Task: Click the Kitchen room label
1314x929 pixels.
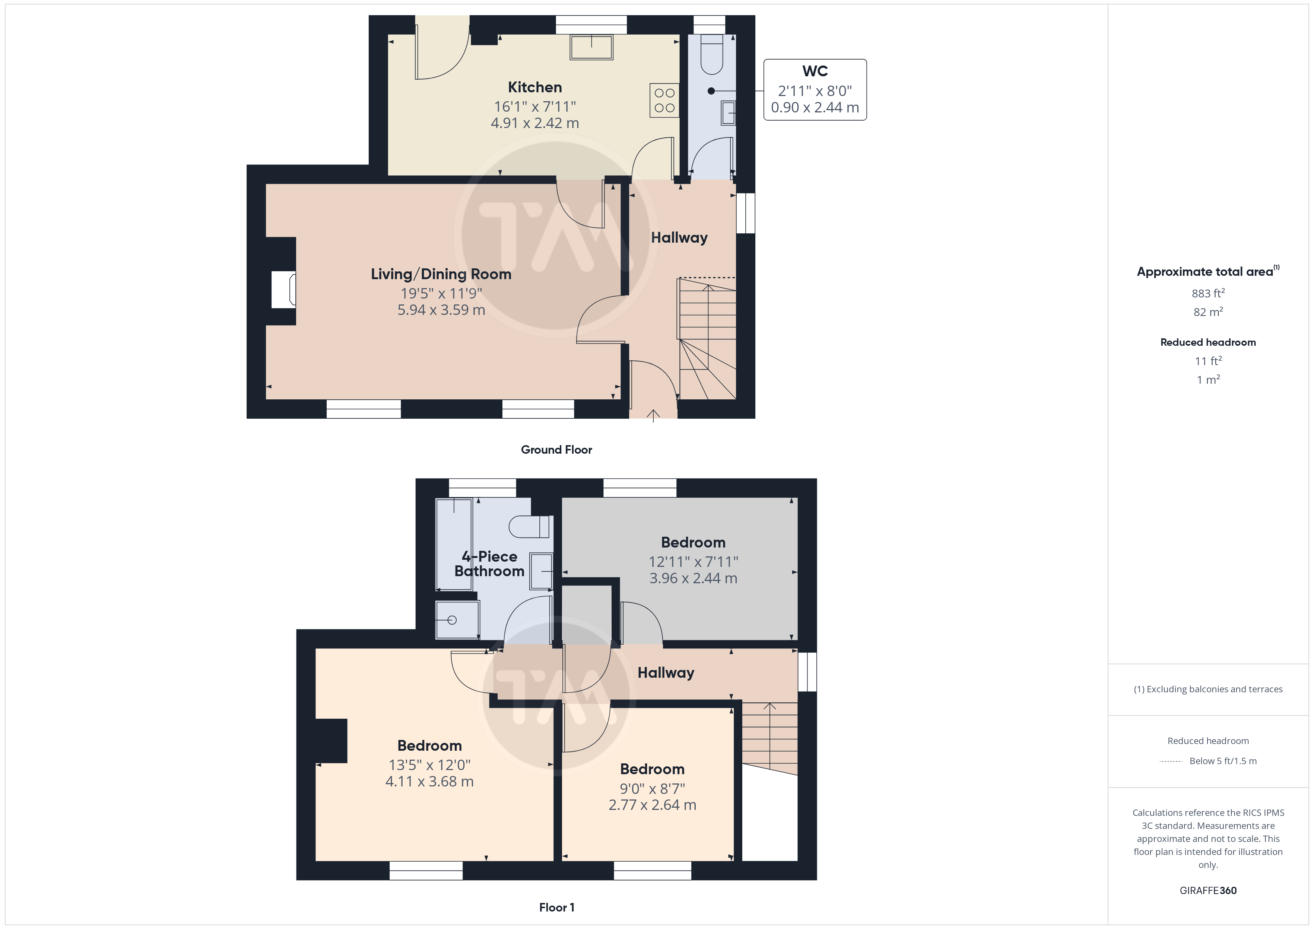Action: pos(534,87)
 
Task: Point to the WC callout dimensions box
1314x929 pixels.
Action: pos(815,90)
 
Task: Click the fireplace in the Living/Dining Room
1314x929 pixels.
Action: pos(283,290)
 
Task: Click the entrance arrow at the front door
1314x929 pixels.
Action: pos(653,416)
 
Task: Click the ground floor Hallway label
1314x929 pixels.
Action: pos(679,237)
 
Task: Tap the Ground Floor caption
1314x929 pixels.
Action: pos(556,450)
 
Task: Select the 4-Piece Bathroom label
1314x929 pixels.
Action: pos(489,564)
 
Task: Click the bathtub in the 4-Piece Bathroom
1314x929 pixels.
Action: pos(454,544)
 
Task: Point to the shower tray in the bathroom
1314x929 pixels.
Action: pos(457,620)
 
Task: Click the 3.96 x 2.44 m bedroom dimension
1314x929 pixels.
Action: pos(693,578)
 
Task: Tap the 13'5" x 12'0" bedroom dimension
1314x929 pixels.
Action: pos(429,765)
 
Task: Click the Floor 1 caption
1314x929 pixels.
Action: pos(556,907)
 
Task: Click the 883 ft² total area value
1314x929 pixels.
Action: pos(1208,293)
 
